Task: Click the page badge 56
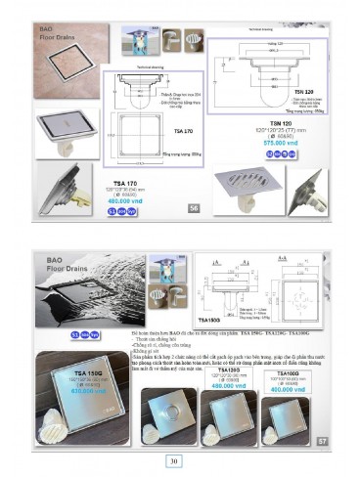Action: (x=195, y=208)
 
